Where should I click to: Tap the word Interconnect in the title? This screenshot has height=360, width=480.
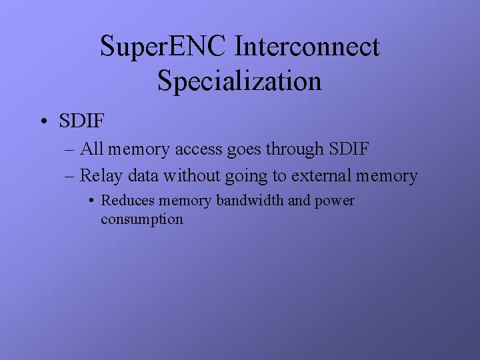click(x=307, y=47)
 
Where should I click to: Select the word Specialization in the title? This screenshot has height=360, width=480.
click(x=239, y=81)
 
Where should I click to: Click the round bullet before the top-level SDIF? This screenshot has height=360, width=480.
click(x=43, y=121)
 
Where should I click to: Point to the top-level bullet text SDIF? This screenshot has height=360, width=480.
click(x=83, y=121)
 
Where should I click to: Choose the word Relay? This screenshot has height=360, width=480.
click(x=100, y=176)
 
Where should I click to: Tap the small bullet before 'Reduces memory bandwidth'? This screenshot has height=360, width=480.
click(x=93, y=201)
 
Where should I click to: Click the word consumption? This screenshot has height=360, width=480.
click(x=141, y=219)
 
